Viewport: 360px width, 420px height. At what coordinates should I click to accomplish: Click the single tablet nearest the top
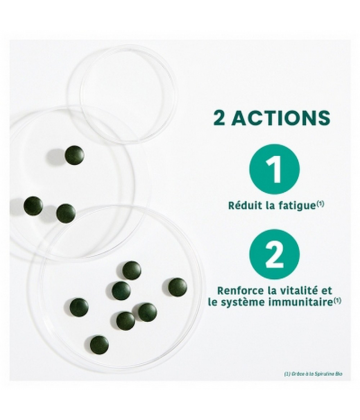[73, 153]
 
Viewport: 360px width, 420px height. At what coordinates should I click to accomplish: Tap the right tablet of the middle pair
[65, 211]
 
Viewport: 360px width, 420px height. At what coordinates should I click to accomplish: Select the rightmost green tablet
[175, 285]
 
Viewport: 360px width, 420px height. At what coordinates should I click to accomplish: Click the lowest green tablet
[125, 320]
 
